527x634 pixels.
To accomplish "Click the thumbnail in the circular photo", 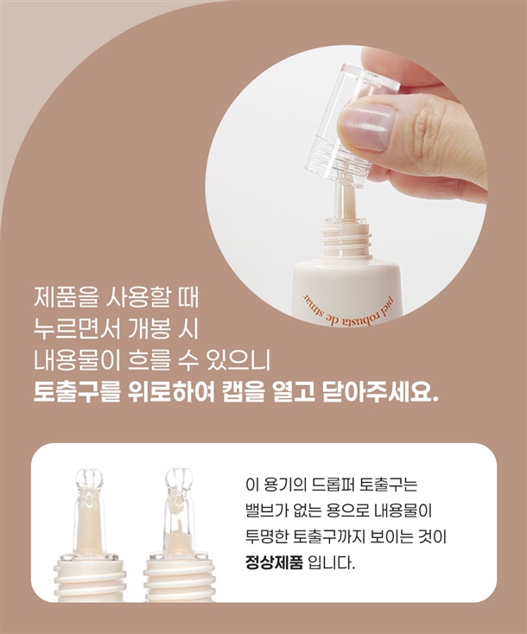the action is pyautogui.click(x=367, y=126).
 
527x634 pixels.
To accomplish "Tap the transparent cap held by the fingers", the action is pyautogui.click(x=351, y=125).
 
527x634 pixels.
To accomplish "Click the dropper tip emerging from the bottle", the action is pyautogui.click(x=345, y=201).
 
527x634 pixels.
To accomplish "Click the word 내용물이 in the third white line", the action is pyautogui.click(x=77, y=360).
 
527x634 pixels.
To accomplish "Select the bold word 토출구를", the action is pyautogui.click(x=77, y=391).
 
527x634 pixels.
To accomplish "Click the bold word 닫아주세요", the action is pyautogui.click(x=380, y=391).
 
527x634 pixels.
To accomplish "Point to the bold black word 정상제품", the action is pyautogui.click(x=274, y=562).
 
